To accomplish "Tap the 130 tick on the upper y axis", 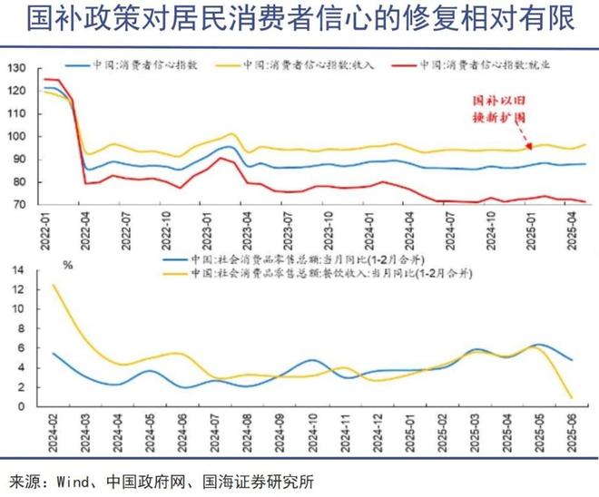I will coord(18,69).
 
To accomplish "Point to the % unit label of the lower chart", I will coord(67,265).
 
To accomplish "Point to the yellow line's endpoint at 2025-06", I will coord(572,397).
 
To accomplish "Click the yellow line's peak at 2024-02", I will coord(53,285).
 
